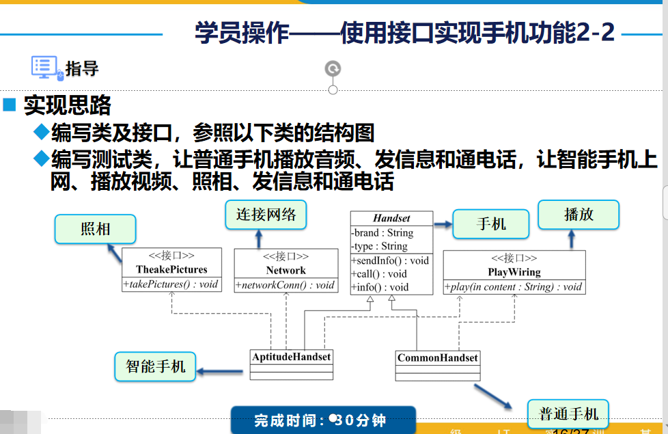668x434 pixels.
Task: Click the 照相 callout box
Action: (x=95, y=230)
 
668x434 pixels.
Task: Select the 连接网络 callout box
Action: (x=266, y=215)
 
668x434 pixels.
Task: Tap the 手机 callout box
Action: (x=491, y=224)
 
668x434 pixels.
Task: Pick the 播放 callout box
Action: (x=579, y=215)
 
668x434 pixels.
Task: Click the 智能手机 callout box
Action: (x=155, y=366)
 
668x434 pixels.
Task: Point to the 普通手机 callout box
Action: (x=568, y=413)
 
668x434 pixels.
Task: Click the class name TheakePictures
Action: (x=171, y=269)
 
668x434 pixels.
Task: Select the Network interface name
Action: (x=286, y=270)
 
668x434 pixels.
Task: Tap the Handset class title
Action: (x=391, y=218)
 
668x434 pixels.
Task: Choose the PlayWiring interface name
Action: (x=514, y=271)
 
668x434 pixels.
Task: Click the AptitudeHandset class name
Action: (x=292, y=357)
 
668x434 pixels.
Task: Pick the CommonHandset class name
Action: (x=437, y=357)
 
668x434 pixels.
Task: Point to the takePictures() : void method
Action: (x=171, y=284)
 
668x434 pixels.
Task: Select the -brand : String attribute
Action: (x=382, y=233)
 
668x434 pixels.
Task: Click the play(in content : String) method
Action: (x=514, y=287)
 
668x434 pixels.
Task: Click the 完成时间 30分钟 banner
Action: (x=322, y=420)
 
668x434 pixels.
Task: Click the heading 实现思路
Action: (x=67, y=105)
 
